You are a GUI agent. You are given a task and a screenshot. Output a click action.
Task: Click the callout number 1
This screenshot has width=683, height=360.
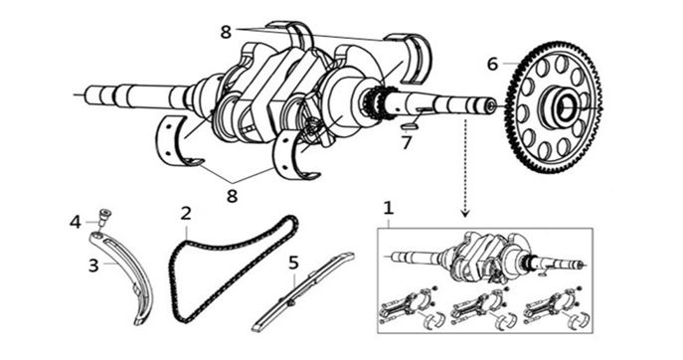388,208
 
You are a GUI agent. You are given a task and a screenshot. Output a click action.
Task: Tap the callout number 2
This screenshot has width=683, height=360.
186,214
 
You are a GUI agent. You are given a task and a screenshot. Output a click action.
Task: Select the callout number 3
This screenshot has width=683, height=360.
93,266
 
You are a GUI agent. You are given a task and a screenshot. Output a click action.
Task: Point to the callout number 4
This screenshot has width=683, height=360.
76,223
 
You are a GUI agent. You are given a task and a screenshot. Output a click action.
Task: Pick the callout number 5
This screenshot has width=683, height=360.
294,263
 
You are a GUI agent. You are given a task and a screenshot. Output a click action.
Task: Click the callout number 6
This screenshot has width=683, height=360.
492,64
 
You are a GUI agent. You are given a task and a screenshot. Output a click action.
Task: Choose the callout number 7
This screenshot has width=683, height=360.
407,142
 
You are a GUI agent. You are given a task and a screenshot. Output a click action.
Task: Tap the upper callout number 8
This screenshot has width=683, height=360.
226,32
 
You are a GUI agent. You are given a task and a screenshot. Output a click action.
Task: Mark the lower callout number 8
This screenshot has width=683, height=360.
233,196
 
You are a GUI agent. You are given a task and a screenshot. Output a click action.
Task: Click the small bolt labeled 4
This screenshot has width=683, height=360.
103,217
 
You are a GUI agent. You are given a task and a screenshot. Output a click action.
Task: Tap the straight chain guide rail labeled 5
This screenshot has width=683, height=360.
302,292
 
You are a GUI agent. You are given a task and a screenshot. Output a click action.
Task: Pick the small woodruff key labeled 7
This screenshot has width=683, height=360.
410,127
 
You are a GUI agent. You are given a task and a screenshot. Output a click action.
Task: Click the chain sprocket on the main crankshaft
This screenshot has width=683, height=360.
374,103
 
